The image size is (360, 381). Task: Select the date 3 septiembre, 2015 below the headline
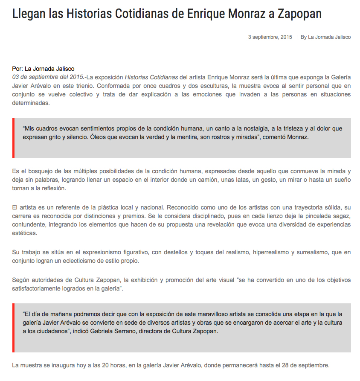[270, 37]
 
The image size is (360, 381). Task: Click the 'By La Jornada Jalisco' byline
[325, 37]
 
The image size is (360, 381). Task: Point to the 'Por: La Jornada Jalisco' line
[43, 69]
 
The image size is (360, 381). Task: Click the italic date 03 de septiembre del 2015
[48, 77]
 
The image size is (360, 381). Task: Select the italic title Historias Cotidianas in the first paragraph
[151, 77]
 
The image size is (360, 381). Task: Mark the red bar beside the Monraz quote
[14, 138]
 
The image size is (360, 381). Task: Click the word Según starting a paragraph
[21, 280]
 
